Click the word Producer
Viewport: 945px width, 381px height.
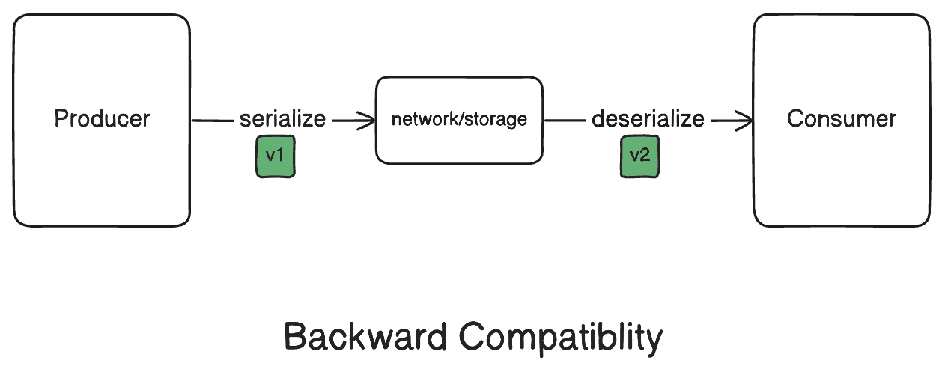pos(102,119)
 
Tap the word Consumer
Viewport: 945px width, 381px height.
pos(841,119)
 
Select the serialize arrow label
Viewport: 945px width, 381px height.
pos(282,119)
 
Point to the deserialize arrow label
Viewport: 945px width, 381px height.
pos(648,119)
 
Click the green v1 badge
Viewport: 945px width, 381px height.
pos(276,156)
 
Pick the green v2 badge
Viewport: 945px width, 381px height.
pos(639,156)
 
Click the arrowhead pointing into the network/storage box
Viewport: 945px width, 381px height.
pos(368,120)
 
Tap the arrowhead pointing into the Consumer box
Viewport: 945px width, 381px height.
pos(745,120)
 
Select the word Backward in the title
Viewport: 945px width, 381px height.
pos(366,338)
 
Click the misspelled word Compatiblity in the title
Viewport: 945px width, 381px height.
pos(561,338)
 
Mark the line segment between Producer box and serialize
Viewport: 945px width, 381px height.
pos(213,120)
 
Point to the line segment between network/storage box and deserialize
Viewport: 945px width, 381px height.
pos(565,120)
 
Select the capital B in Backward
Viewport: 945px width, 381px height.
pos(294,338)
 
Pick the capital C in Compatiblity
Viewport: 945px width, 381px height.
pos(472,338)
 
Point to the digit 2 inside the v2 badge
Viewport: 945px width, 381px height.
pos(645,156)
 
